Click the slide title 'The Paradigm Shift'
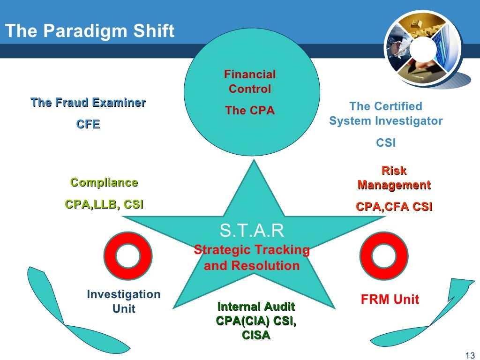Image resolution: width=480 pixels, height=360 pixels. (89, 31)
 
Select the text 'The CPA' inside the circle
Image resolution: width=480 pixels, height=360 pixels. (249, 111)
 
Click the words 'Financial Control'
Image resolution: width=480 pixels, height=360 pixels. (249, 82)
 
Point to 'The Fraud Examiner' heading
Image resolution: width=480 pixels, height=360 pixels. (88, 103)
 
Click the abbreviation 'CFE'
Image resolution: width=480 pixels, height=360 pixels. (88, 124)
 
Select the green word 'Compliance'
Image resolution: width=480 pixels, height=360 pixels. (104, 182)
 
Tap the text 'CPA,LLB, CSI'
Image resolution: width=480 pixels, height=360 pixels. (104, 204)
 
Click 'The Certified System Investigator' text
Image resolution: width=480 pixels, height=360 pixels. (386, 113)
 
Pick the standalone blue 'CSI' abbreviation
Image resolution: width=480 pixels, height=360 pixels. (386, 142)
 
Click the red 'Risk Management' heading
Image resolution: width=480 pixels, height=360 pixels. (394, 178)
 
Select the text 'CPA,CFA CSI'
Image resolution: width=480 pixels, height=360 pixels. (394, 207)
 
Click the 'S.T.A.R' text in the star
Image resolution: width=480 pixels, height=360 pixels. (252, 231)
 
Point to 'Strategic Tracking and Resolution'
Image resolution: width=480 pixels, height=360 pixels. (252, 257)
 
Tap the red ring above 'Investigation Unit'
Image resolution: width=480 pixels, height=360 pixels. (127, 256)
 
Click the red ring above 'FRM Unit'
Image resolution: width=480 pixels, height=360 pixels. (383, 256)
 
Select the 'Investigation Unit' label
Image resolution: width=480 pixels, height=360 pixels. (124, 301)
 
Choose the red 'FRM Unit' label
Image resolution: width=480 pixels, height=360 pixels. (390, 299)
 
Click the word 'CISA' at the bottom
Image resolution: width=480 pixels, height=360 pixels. (256, 335)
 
